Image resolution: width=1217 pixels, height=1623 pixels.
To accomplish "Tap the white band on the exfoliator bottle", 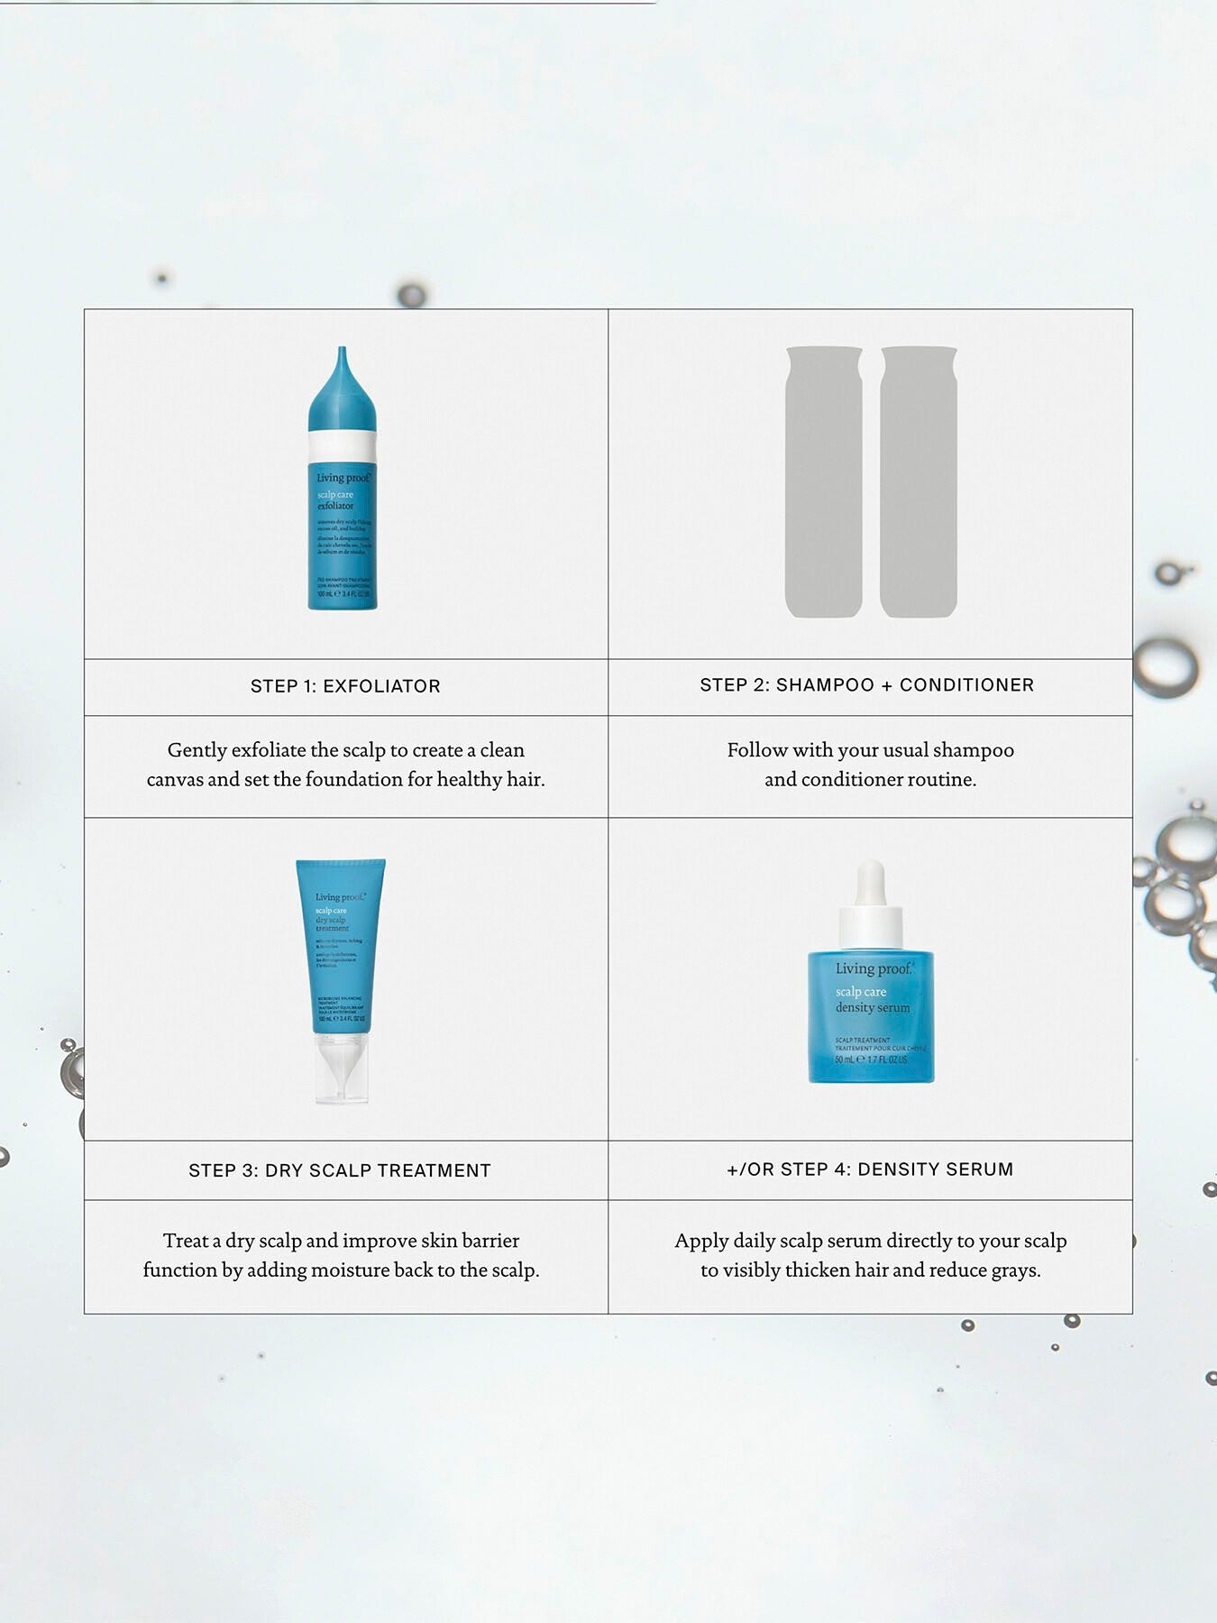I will click(342, 445).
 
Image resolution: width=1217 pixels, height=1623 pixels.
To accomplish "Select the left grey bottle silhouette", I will click(823, 482).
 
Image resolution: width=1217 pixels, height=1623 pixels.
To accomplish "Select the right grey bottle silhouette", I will click(918, 482).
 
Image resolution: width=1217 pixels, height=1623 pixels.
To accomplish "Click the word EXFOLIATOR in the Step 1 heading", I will click(381, 686).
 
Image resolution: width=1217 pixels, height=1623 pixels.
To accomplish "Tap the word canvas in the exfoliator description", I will click(174, 779).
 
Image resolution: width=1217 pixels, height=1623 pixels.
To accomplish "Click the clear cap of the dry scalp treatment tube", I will click(342, 1068).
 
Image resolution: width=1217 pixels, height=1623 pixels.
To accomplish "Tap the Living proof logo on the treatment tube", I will click(340, 897).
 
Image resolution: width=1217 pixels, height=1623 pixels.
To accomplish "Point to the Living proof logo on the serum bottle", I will click(873, 969).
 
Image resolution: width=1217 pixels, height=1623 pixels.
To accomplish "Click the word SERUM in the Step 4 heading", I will click(980, 1169).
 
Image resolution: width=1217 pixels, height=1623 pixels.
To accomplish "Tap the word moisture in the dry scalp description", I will click(349, 1270).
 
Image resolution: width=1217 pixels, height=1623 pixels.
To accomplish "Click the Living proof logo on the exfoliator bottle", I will click(343, 478).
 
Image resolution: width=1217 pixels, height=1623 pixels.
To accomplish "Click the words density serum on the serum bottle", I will click(872, 1008).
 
